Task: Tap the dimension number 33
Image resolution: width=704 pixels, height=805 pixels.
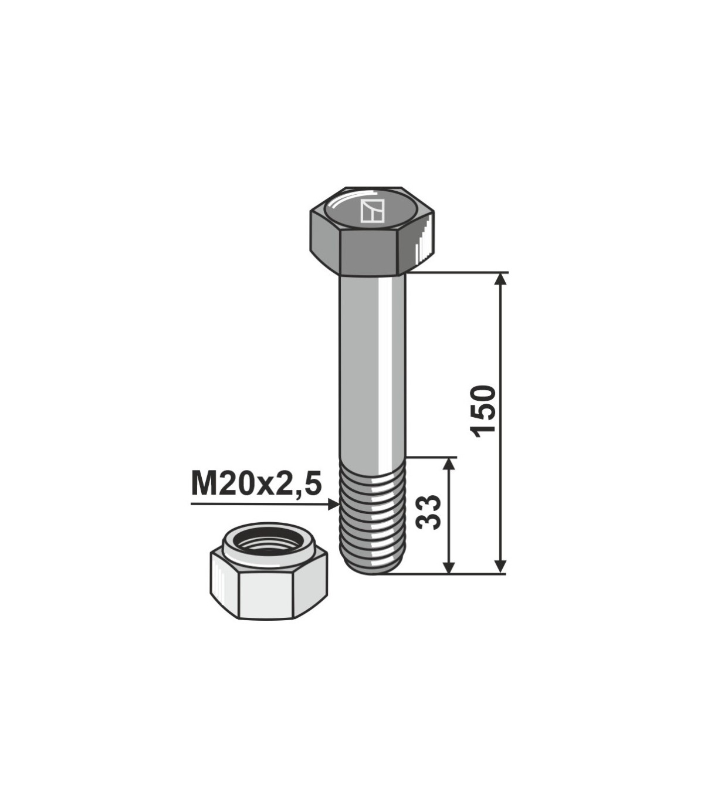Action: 428,512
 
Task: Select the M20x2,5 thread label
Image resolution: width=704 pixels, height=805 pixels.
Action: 256,484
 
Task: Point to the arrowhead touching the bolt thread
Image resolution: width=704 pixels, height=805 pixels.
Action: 333,505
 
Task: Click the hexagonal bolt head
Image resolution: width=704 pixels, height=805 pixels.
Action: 372,231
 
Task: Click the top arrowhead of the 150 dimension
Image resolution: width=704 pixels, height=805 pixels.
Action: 500,279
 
